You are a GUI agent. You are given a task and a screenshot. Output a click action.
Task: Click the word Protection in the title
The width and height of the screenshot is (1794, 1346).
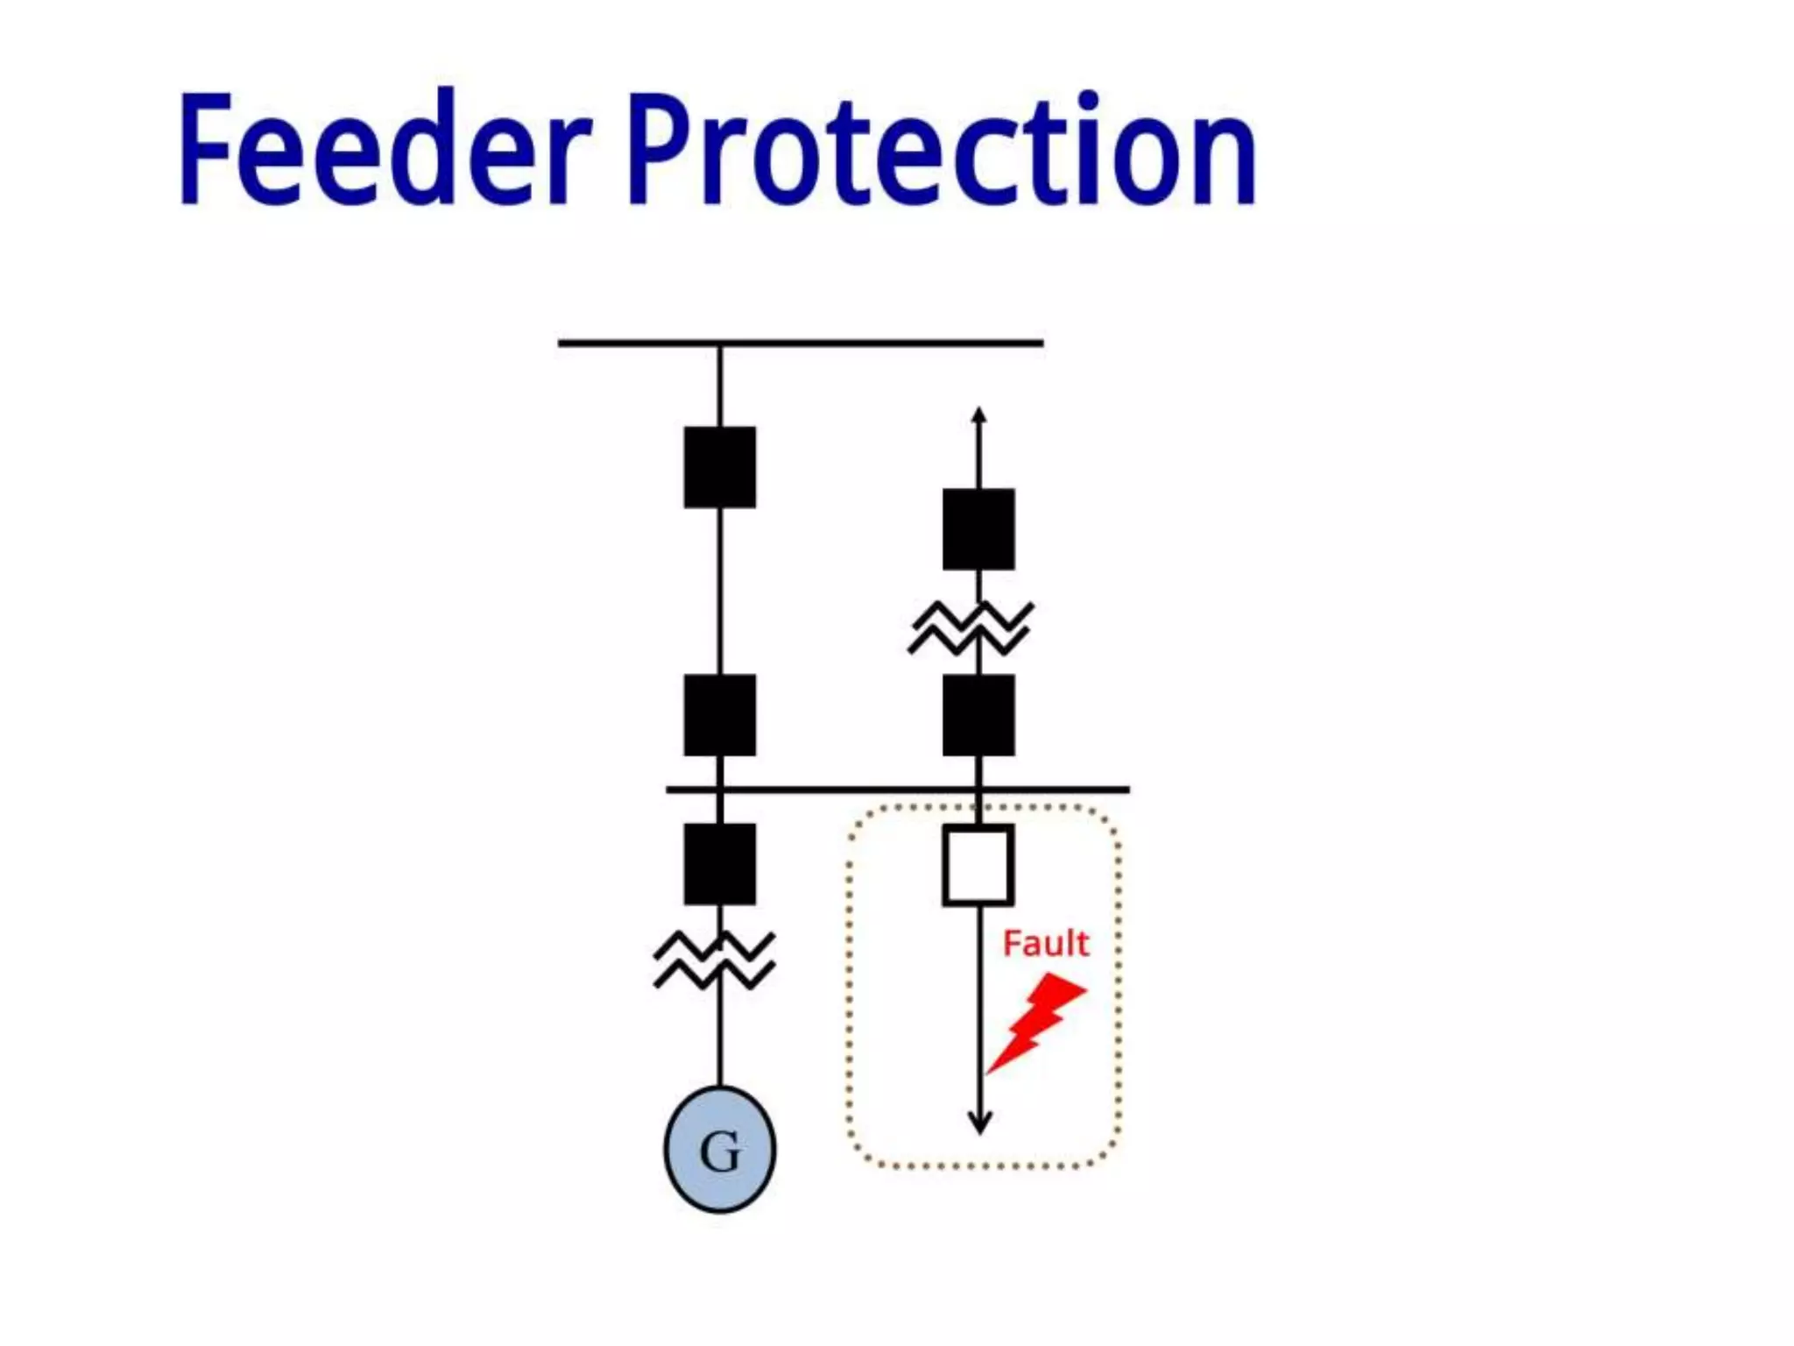pyautogui.click(x=942, y=149)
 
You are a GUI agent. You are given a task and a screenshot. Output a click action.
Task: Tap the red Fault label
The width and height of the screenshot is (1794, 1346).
pyautogui.click(x=1045, y=944)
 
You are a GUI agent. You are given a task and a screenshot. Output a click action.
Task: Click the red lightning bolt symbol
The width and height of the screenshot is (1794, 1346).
pyautogui.click(x=1039, y=1022)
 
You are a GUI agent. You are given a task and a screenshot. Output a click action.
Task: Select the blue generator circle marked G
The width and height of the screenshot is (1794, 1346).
pyautogui.click(x=719, y=1150)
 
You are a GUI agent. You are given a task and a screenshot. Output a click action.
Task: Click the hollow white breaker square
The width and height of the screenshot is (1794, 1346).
pyautogui.click(x=978, y=865)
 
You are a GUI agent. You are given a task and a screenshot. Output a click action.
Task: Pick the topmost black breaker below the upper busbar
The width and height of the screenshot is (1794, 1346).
pyautogui.click(x=719, y=467)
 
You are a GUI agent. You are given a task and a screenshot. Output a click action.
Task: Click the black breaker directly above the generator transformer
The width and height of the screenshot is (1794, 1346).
pyautogui.click(x=719, y=864)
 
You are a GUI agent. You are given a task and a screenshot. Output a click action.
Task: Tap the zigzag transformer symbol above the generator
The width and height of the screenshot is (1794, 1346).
pyautogui.click(x=715, y=960)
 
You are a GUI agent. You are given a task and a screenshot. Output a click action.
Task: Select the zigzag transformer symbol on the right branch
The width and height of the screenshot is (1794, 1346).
pyautogui.click(x=971, y=627)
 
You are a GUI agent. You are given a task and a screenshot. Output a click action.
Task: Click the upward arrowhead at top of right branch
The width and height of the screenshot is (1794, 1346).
pyautogui.click(x=979, y=414)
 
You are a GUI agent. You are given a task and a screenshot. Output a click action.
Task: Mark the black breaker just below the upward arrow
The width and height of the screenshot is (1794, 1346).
pyautogui.click(x=978, y=529)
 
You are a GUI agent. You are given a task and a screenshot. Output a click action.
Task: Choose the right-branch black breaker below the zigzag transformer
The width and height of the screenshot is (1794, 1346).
pyautogui.click(x=978, y=715)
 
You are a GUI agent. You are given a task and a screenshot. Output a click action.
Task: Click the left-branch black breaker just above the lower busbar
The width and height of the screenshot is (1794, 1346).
pyautogui.click(x=719, y=715)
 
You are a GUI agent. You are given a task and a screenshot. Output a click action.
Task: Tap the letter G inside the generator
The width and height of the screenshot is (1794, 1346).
pyautogui.click(x=720, y=1151)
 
